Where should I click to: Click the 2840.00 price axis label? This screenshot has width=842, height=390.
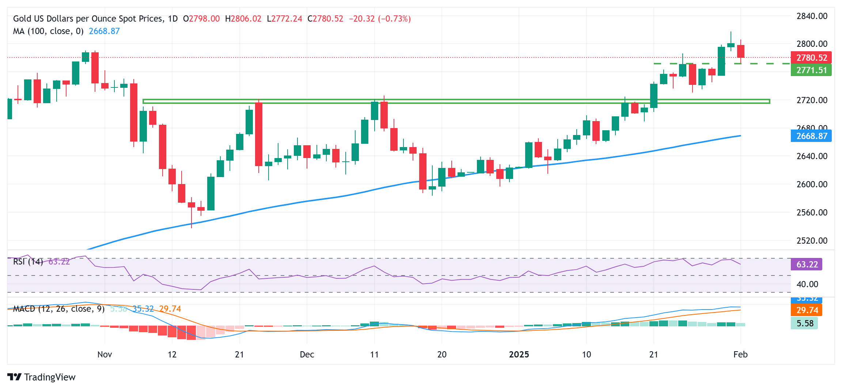point(812,16)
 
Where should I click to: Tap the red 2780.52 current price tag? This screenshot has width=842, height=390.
point(811,57)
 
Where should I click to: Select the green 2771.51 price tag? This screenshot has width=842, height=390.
point(811,70)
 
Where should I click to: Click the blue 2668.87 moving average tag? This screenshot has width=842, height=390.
point(811,136)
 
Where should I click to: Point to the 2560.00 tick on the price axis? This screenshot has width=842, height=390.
point(812,212)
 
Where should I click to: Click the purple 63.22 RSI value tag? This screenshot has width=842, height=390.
point(806,264)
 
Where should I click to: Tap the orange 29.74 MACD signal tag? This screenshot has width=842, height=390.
point(806,310)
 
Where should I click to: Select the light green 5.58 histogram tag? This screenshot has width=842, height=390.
point(804,323)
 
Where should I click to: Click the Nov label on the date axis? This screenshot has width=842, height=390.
point(105,355)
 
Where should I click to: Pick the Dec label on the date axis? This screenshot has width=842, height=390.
point(307,355)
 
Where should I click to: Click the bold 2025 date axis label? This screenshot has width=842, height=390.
point(519,355)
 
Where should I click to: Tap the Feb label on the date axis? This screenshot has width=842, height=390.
point(740,355)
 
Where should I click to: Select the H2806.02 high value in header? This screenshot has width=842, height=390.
point(243,19)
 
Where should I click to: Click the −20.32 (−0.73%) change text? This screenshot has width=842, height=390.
point(380,19)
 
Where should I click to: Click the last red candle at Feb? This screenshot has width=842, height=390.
point(741,51)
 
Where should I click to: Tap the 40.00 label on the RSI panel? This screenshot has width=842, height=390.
point(807,284)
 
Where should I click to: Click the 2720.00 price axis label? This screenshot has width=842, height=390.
point(812,100)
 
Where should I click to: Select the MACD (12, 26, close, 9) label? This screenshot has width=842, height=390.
point(59,309)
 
